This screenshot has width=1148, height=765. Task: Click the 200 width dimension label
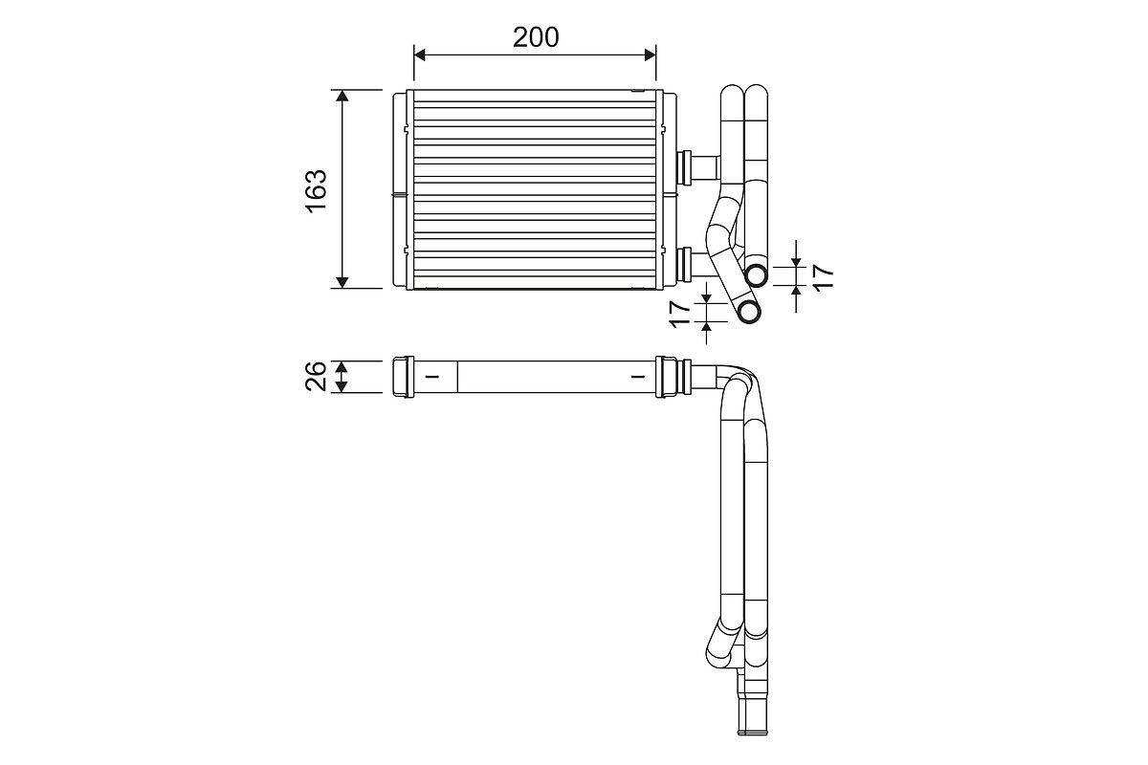point(536,37)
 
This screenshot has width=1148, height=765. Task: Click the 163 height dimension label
point(317,189)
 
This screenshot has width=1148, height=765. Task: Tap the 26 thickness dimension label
point(316,376)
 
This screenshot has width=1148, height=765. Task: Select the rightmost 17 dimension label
point(823,277)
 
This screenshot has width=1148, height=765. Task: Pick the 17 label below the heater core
point(680,314)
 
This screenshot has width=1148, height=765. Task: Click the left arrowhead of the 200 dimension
point(420,55)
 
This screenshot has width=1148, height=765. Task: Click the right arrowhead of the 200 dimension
point(650,55)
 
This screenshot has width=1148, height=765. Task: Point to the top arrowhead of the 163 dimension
point(342,96)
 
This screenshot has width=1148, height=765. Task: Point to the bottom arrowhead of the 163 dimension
point(342,282)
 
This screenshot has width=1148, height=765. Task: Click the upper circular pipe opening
point(757,275)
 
